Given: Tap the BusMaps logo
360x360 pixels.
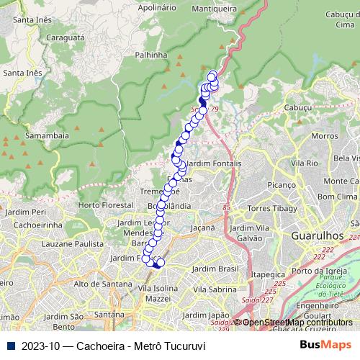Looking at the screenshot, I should (325, 345).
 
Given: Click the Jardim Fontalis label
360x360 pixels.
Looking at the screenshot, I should (212, 164).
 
